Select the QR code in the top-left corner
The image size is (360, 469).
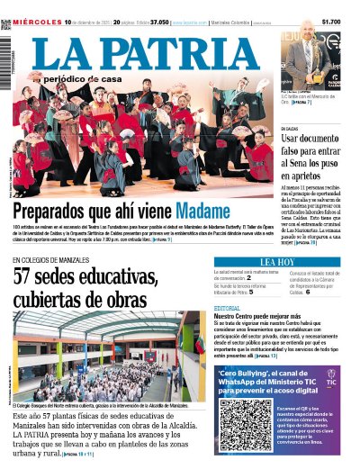pyautogui.click(x=5, y=24)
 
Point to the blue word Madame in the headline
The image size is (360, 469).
pyautogui.click(x=210, y=210)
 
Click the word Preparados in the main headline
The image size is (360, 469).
pyautogui.click(x=54, y=210)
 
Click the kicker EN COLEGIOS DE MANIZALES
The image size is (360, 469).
pyautogui.click(x=56, y=260)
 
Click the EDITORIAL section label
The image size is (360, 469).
pyautogui.click(x=228, y=309)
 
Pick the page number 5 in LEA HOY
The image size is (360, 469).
pyautogui.click(x=251, y=292)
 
